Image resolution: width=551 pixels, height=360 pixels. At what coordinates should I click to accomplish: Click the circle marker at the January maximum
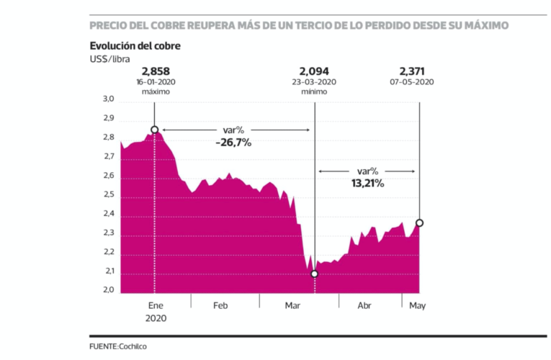154,130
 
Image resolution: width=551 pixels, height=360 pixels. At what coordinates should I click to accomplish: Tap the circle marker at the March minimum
315,274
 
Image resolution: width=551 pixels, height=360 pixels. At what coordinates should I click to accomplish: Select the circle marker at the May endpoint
419,222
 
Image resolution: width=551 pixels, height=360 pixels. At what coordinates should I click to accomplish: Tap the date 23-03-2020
315,82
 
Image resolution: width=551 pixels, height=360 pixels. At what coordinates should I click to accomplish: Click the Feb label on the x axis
220,306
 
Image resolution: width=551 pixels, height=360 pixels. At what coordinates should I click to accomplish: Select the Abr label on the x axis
365,306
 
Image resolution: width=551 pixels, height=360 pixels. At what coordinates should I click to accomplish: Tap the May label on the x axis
418,306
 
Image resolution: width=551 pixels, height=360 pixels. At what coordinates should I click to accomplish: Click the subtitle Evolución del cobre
135,46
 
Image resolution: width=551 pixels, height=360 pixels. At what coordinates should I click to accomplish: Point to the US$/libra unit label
109,58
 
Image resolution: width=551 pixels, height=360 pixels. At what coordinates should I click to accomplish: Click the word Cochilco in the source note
138,347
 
